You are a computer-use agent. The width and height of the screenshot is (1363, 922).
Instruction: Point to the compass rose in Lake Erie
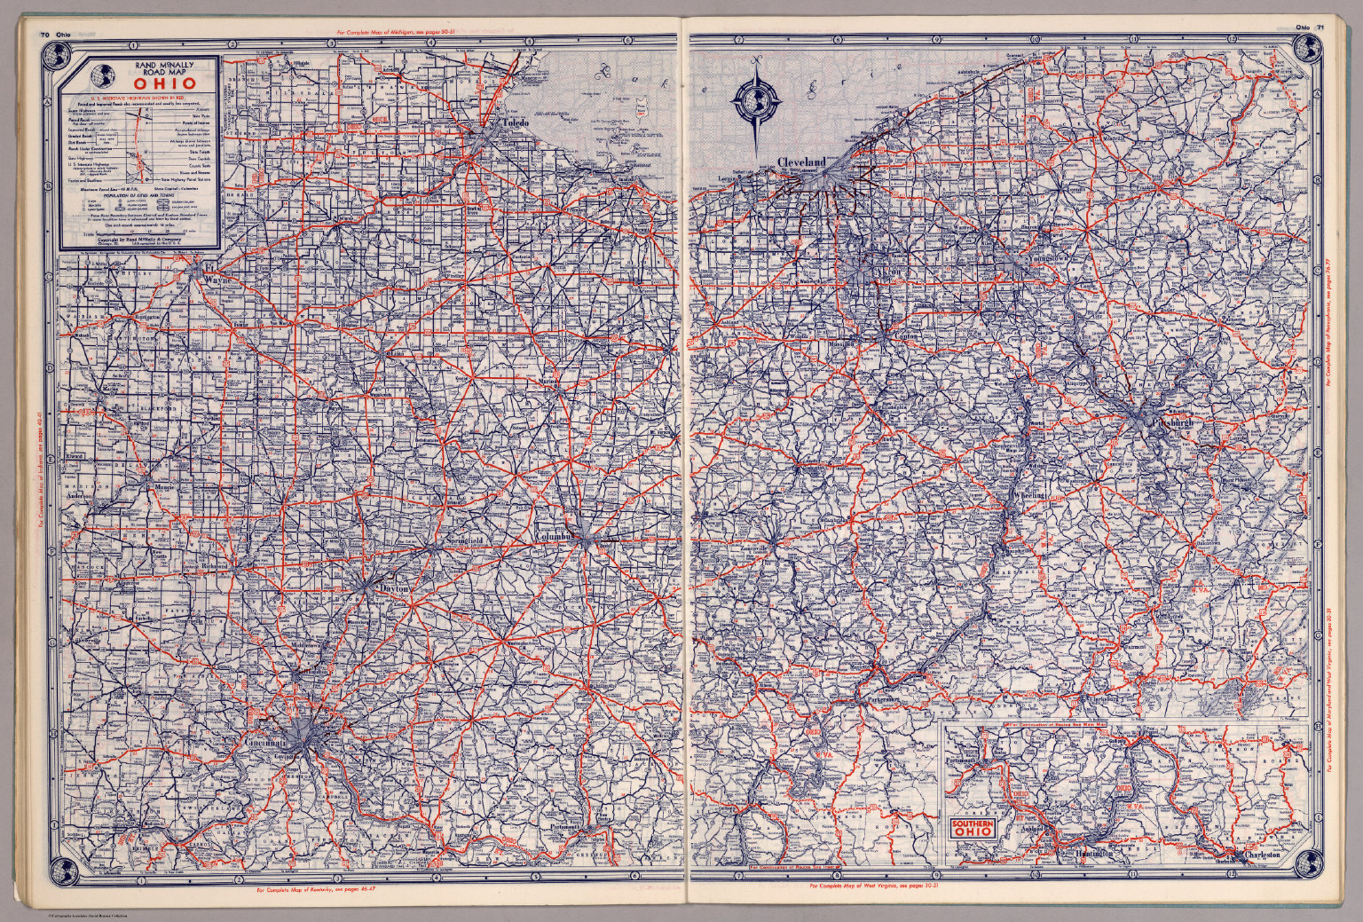pyautogui.click(x=757, y=102)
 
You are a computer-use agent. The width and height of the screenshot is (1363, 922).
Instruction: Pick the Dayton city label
pyautogui.click(x=396, y=588)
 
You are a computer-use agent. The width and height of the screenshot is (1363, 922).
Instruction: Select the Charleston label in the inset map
pyautogui.click(x=1262, y=855)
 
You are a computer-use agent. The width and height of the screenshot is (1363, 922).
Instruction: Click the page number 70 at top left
pyautogui.click(x=44, y=35)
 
